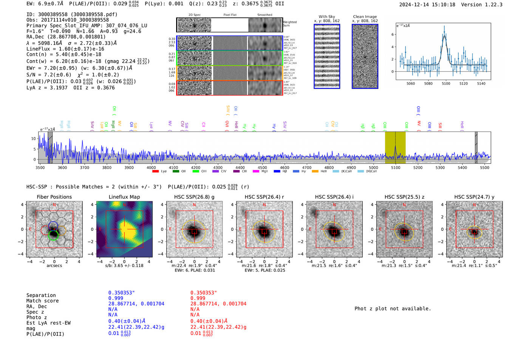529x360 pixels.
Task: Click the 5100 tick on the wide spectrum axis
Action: (396, 167)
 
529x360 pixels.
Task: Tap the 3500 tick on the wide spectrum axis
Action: (40, 167)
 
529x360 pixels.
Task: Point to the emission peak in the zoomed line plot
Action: (444, 28)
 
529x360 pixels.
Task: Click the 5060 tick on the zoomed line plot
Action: (410, 83)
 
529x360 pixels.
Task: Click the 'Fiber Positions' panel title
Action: (54, 197)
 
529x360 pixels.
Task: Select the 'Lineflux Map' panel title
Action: (124, 197)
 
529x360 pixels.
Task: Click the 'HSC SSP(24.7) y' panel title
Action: (474, 197)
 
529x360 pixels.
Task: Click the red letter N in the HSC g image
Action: (194, 205)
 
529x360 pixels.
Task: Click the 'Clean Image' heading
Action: (365, 17)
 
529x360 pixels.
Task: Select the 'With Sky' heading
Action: (326, 17)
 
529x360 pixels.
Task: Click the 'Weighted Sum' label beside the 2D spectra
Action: (289, 23)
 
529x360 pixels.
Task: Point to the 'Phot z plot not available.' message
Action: (393, 309)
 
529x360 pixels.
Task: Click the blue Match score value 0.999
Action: (116, 298)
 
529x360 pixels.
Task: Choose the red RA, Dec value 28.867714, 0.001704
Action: (218, 304)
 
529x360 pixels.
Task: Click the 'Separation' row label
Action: (41, 295)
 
